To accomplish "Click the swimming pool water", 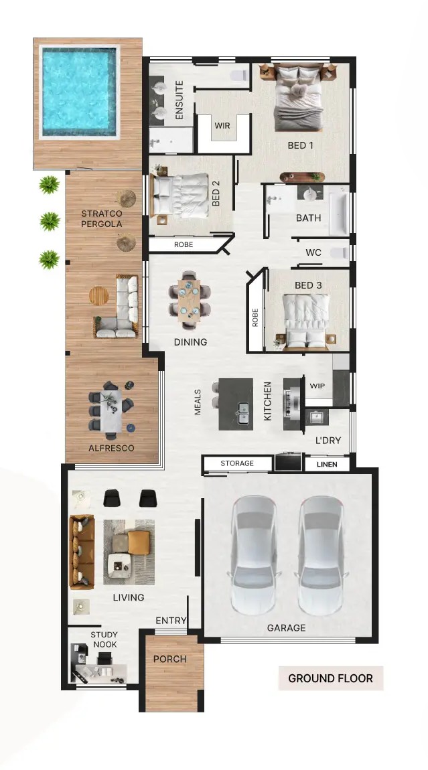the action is pyautogui.click(x=79, y=91).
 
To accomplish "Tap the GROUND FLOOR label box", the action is pyautogui.click(x=331, y=678).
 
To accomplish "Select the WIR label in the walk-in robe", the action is pyautogui.click(x=222, y=126).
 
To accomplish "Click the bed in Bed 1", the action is pyautogui.click(x=298, y=98).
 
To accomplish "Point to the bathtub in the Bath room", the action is pyautogui.click(x=338, y=213).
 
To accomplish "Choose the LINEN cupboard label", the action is pyautogui.click(x=327, y=464).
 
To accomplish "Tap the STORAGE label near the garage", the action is pyautogui.click(x=237, y=463).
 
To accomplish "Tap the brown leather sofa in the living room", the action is pyautogui.click(x=82, y=552).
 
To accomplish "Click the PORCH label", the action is pyautogui.click(x=170, y=659).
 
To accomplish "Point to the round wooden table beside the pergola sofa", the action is pyautogui.click(x=98, y=296).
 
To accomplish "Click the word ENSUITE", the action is pyautogui.click(x=179, y=100).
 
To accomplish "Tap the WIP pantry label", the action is pyautogui.click(x=317, y=386).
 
